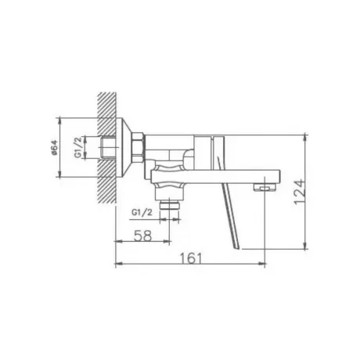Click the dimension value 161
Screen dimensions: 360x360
191,258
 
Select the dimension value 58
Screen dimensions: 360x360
142,236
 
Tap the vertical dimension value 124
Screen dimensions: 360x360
299,192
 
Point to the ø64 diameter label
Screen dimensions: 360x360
54,148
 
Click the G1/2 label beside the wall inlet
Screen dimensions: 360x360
78,147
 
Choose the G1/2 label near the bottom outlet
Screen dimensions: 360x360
142,212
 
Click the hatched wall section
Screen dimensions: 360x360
107,148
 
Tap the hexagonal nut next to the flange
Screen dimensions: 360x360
138,147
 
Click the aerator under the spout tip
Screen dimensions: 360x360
265,187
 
